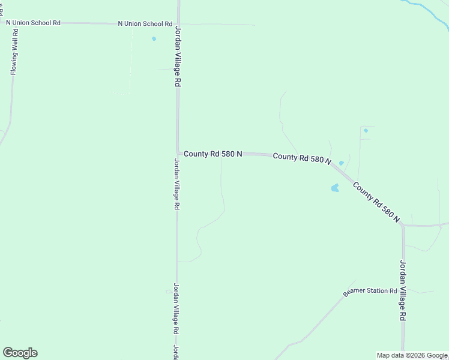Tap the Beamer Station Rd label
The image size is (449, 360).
[x=370, y=292]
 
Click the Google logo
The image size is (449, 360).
[x=20, y=353]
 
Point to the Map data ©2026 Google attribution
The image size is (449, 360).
[x=411, y=355]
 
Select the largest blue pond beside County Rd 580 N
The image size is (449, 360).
[x=334, y=188]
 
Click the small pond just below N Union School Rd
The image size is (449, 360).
[x=154, y=39]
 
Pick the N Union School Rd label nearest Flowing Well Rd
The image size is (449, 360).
[x=34, y=23]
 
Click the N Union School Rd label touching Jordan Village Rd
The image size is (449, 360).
[x=145, y=24]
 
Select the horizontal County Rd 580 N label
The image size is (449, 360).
[x=212, y=154]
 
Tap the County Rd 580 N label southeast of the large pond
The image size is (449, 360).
[x=376, y=202]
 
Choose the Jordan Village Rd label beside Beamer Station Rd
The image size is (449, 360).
[x=403, y=290]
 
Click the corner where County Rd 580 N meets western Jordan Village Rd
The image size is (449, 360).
[x=178, y=153]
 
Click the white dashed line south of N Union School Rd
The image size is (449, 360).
[x=131, y=60]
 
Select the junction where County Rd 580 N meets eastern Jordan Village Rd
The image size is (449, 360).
[x=403, y=226]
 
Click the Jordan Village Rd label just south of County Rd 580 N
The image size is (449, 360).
[x=176, y=184]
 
